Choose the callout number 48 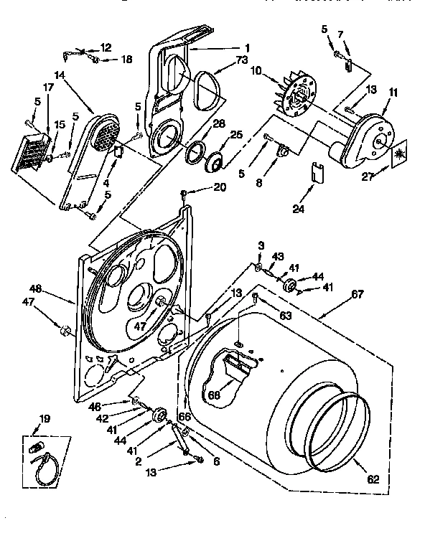coord(36,289)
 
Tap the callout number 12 coord(106,47)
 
